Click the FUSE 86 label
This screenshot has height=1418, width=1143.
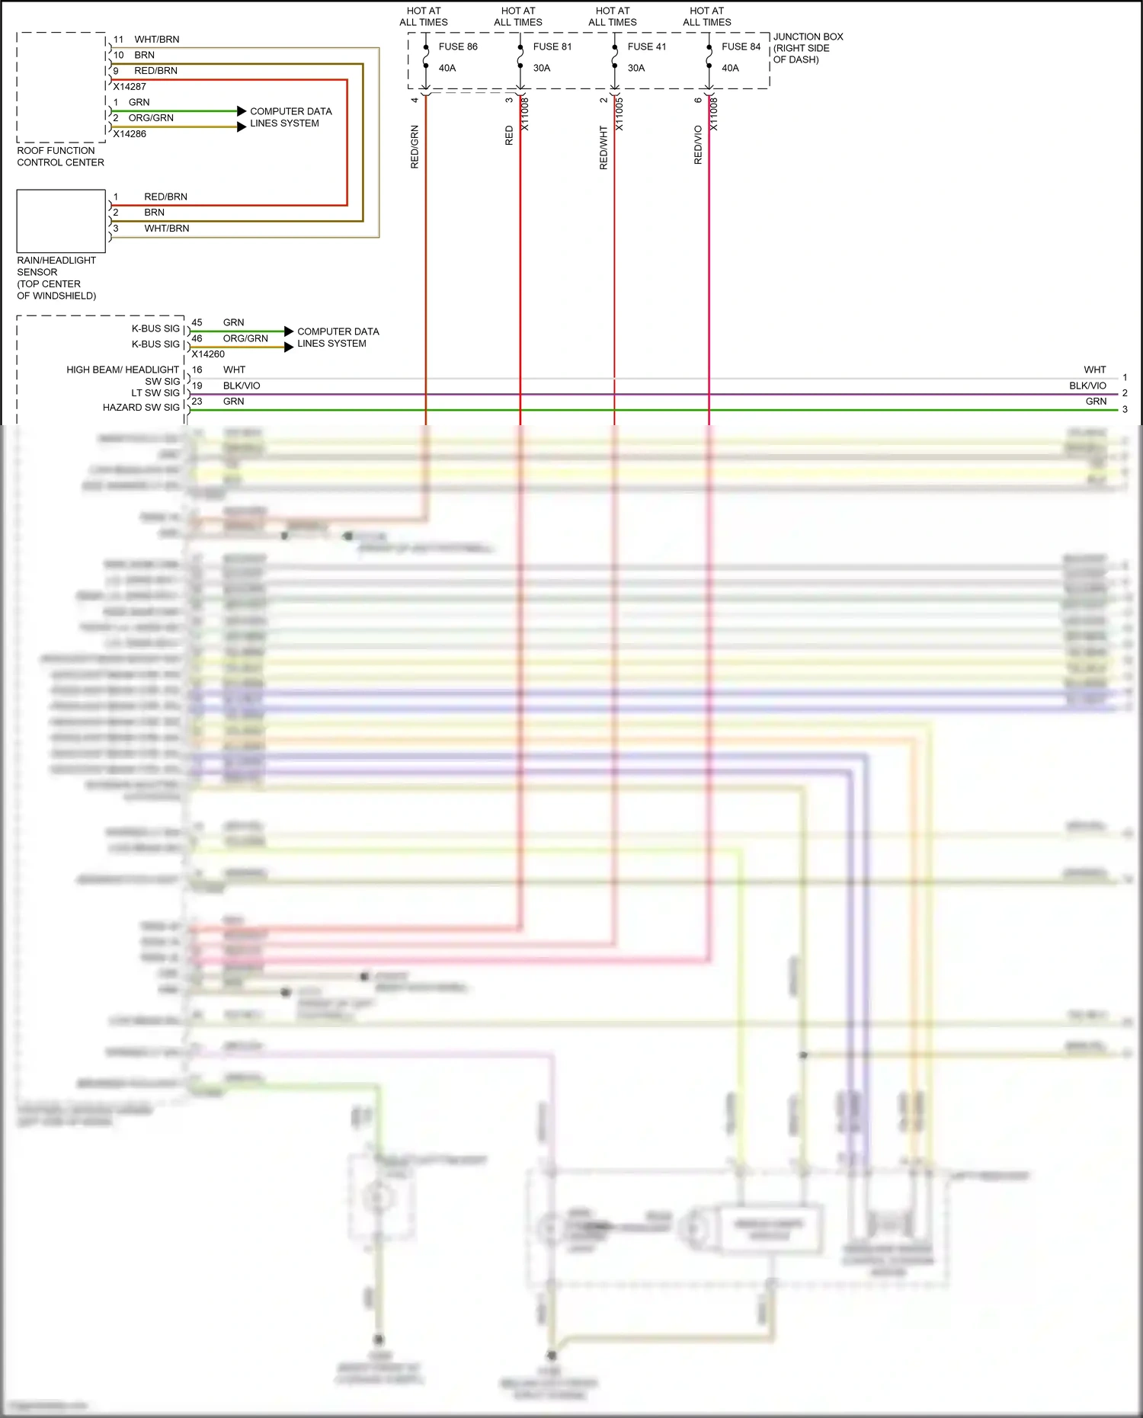coord(458,46)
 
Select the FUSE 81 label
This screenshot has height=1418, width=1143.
coord(552,46)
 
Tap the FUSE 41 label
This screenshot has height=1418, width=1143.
coord(647,46)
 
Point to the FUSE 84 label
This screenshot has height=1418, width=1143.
coord(741,46)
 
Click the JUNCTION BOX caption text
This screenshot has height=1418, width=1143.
coord(808,48)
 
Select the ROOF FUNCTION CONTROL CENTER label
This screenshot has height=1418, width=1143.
coord(60,156)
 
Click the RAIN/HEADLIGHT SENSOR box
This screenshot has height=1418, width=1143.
coord(61,221)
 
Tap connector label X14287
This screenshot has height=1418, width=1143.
coord(130,87)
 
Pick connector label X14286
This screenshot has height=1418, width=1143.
coord(130,134)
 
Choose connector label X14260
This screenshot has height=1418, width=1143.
coord(208,354)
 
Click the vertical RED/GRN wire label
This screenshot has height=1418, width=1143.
coord(415,147)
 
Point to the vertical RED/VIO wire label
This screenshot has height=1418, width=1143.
coord(698,145)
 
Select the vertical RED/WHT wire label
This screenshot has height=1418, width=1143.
coord(604,148)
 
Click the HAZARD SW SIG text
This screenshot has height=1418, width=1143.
coord(141,408)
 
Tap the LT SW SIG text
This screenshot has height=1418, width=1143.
coord(155,393)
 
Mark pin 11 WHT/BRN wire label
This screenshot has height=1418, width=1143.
coord(157,40)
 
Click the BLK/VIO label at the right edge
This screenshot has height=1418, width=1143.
coord(1087,386)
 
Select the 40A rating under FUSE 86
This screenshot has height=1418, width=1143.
coord(447,68)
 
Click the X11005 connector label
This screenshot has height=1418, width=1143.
coord(620,114)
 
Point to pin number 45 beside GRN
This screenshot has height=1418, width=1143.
coord(197,323)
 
